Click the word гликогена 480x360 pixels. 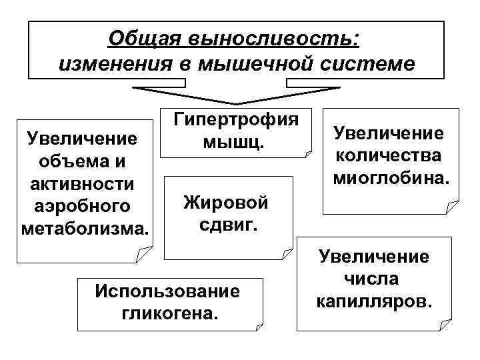pos(169,312)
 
